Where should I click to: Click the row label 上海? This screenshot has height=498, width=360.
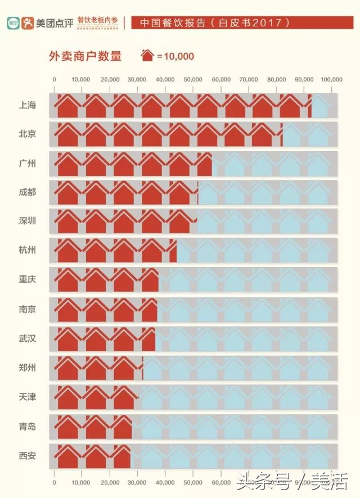pyautogui.click(x=27, y=105)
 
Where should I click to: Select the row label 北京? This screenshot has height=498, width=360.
pyautogui.click(x=27, y=134)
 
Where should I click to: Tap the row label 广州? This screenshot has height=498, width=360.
pyautogui.click(x=27, y=164)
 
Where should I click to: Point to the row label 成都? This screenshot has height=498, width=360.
pyautogui.click(x=27, y=192)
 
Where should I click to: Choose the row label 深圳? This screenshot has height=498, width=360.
pyautogui.click(x=27, y=221)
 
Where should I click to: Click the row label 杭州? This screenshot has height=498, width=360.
pyautogui.click(x=27, y=250)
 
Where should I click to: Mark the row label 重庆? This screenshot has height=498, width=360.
pyautogui.click(x=27, y=279)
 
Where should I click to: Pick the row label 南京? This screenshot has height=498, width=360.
pyautogui.click(x=27, y=309)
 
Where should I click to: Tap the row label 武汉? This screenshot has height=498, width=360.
pyautogui.click(x=27, y=338)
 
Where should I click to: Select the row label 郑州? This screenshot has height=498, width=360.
pyautogui.click(x=27, y=368)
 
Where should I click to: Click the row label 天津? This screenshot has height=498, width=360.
pyautogui.click(x=27, y=397)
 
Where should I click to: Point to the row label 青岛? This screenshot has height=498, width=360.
pyautogui.click(x=27, y=427)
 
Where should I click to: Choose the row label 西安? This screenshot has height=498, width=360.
pyautogui.click(x=27, y=455)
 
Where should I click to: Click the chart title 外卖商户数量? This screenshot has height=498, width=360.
pyautogui.click(x=85, y=56)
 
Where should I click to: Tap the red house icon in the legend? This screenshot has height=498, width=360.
pyautogui.click(x=147, y=56)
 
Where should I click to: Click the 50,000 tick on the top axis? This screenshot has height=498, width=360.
pyautogui.click(x=193, y=80)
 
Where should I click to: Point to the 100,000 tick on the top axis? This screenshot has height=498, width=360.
pyautogui.click(x=331, y=80)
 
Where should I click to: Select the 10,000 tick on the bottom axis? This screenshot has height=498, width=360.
pyautogui.click(x=81, y=482)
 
